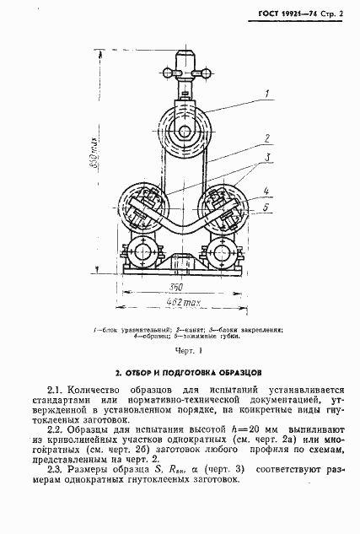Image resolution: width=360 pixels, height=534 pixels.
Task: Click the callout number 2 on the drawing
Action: click(x=266, y=138)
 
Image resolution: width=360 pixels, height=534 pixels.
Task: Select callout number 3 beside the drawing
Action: click(x=266, y=159)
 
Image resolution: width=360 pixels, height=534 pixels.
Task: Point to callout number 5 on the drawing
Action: click(x=266, y=205)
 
